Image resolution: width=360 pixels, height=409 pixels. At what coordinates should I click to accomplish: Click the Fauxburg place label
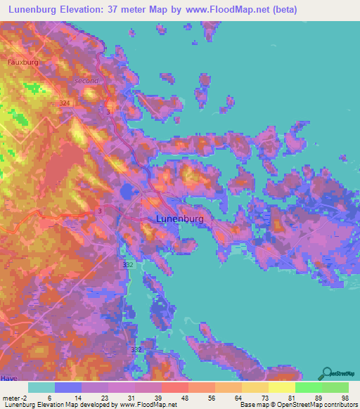coord(22,62)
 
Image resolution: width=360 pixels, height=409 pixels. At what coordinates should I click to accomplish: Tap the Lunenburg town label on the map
coord(179,219)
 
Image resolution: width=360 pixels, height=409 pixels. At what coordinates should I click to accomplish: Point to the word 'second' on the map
coord(86,81)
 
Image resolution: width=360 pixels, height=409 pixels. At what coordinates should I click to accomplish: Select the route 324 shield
coord(65,103)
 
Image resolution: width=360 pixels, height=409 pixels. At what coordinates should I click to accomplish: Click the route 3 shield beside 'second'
coord(108,112)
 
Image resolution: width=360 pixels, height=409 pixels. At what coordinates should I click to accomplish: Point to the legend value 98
coord(345,398)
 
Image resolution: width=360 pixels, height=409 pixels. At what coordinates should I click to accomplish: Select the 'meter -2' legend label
coord(15,398)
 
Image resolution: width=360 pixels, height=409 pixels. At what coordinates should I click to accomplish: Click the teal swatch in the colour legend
coord(41,387)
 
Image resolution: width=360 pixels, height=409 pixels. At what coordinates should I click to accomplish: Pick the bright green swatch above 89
coord(309,387)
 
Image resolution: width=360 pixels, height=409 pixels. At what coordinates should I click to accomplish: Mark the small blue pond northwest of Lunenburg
coord(127,191)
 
